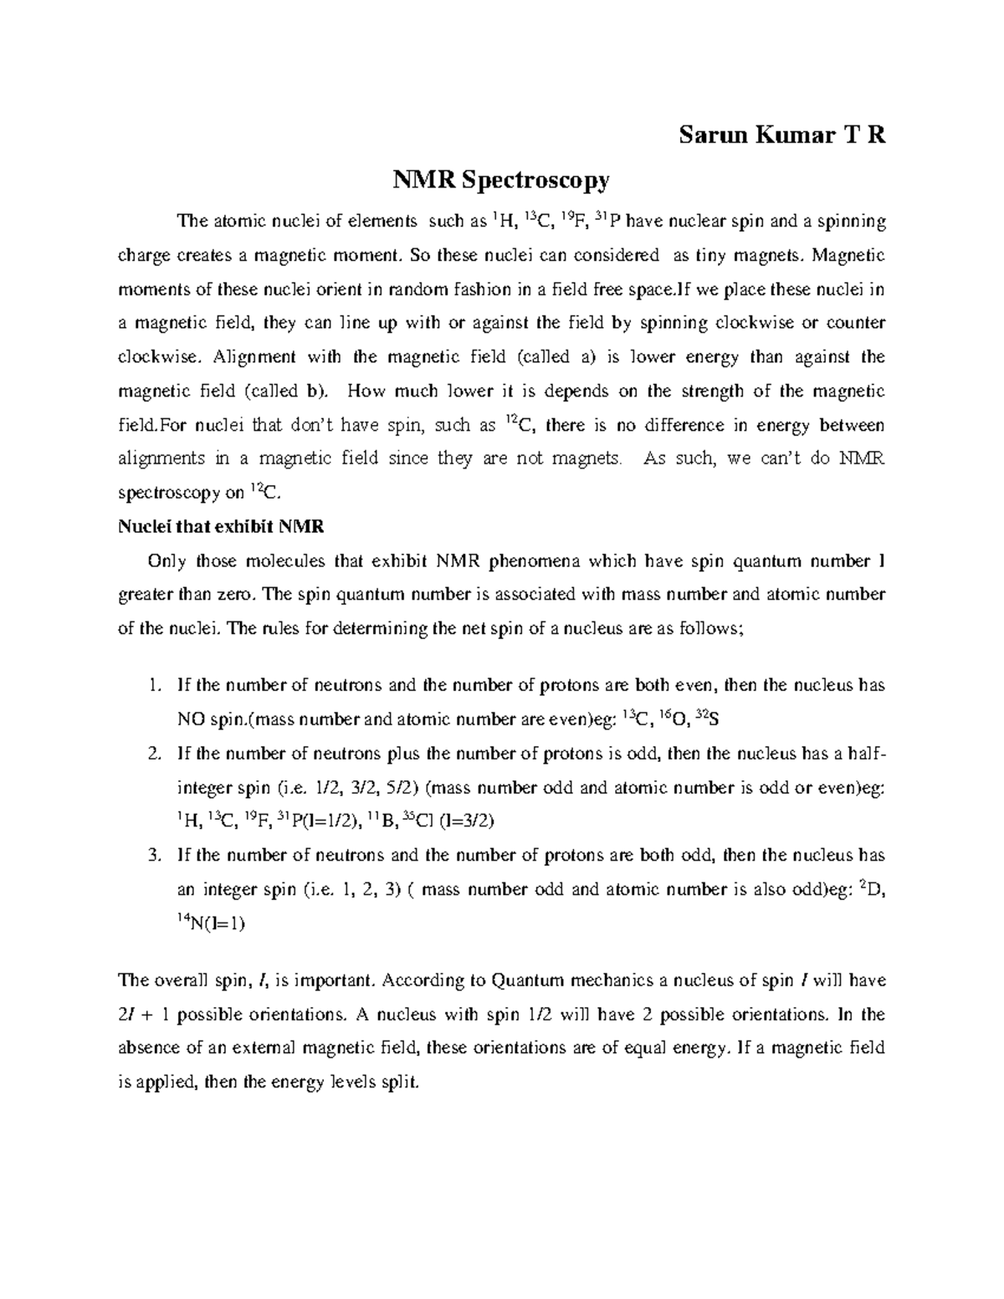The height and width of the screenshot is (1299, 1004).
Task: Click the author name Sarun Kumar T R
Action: pyautogui.click(x=781, y=136)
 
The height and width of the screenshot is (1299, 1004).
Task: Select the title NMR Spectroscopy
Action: pyautogui.click(x=502, y=180)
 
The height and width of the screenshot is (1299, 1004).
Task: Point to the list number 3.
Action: pyautogui.click(x=151, y=856)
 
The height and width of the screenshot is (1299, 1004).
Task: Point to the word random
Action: pyautogui.click(x=438, y=290)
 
